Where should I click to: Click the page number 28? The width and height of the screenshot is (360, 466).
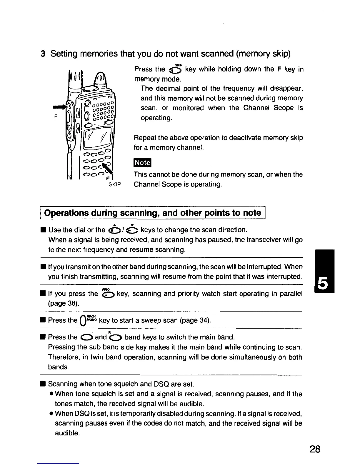tap(314, 449)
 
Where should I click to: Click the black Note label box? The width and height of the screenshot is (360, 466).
tap(142, 163)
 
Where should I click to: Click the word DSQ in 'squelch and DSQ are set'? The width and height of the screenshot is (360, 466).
tap(161, 384)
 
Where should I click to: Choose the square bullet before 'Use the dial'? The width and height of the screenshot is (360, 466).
tap(43, 230)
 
